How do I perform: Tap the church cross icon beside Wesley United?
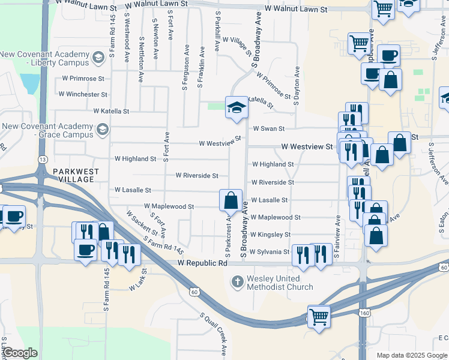pos(238,281)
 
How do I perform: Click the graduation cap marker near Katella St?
pos(237,108)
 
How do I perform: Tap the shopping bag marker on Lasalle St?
pos(230,200)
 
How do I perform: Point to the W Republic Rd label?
pos(203,263)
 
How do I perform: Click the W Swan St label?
pos(268,128)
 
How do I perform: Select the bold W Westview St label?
pos(308,146)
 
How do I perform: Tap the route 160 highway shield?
pos(366,313)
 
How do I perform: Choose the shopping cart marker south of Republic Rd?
pos(319,316)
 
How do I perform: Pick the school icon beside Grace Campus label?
pos(103,130)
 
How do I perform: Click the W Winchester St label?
pos(83,94)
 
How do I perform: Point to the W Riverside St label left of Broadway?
pos(197,175)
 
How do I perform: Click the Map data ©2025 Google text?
pos(412,355)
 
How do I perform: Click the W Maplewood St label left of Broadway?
pos(168,206)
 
